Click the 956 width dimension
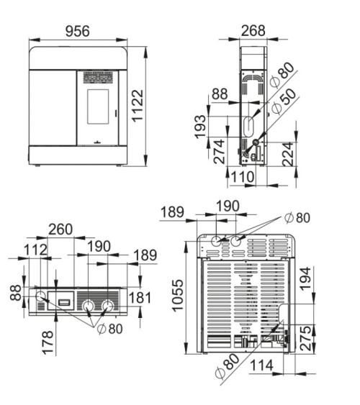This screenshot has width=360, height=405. pyautogui.click(x=78, y=31)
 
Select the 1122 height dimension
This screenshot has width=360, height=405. pyautogui.click(x=138, y=105)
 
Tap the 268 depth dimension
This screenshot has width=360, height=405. pyautogui.click(x=253, y=30)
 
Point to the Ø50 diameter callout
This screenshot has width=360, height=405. pyautogui.click(x=284, y=101)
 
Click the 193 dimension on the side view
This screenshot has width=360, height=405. pyautogui.click(x=201, y=127)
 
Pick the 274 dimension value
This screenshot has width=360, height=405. pyautogui.click(x=220, y=151)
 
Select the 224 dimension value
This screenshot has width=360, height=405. pyautogui.click(x=288, y=154)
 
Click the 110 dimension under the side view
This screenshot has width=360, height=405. pyautogui.click(x=242, y=177)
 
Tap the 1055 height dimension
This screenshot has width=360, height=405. pyautogui.click(x=178, y=295)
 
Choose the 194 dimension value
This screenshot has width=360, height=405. pyautogui.click(x=305, y=279)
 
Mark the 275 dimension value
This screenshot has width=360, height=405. pyautogui.click(x=305, y=338)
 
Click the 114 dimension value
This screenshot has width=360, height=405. pyautogui.click(x=261, y=365)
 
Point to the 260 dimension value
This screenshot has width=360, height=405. pyautogui.click(x=60, y=229)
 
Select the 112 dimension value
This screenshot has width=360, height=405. pyautogui.click(x=36, y=250)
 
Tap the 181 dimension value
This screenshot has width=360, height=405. pyautogui.click(x=140, y=298)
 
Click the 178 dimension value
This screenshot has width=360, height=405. pyautogui.click(x=48, y=342)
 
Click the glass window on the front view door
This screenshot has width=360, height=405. pyautogui.click(x=98, y=106)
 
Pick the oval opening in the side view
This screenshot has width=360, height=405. pyautogui.click(x=248, y=127)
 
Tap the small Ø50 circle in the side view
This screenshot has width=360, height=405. pyautogui.click(x=256, y=142)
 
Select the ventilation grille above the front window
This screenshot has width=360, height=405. pyautogui.click(x=98, y=78)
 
